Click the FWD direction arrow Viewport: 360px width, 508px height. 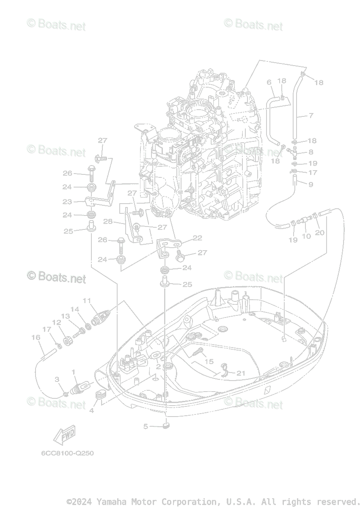tap(62, 435)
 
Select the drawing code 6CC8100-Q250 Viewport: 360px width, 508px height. tap(67, 453)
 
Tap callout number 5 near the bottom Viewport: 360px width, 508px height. tap(146, 426)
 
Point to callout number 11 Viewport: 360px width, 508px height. tap(87, 301)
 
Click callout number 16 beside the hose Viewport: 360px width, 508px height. tap(36, 337)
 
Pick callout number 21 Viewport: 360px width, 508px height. tap(241, 373)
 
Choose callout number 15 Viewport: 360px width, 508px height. tap(209, 362)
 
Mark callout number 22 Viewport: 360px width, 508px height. tap(197, 238)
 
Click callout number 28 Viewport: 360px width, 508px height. tap(107, 221)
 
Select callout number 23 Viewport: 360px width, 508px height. tap(67, 202)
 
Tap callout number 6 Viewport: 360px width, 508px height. tap(269, 82)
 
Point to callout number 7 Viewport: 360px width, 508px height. tap(311, 116)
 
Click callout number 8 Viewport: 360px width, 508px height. tap(311, 152)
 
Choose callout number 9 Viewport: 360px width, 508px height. tap(311, 184)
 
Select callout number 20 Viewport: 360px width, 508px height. tap(320, 232)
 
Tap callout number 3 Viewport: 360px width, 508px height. tap(57, 379)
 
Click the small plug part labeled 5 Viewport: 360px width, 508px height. tap(166, 425)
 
